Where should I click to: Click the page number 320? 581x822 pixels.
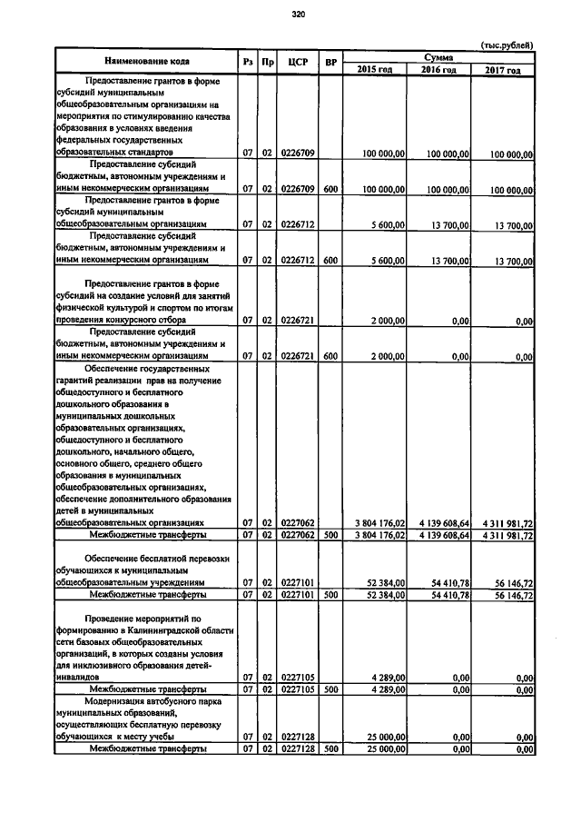coord(297,14)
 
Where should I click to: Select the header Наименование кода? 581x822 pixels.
coord(146,62)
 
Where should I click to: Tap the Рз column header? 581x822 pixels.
coord(248,62)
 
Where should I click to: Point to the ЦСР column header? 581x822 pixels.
coord(298,62)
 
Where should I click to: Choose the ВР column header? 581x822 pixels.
coord(331,62)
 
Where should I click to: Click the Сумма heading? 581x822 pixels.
coord(438,56)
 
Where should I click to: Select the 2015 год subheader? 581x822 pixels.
coord(375,69)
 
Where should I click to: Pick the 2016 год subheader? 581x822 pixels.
coord(438,69)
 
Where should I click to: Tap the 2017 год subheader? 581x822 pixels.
coord(502,69)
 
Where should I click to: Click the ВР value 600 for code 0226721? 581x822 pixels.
coord(331,357)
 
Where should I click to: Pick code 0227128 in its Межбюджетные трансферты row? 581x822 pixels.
coord(298,749)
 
